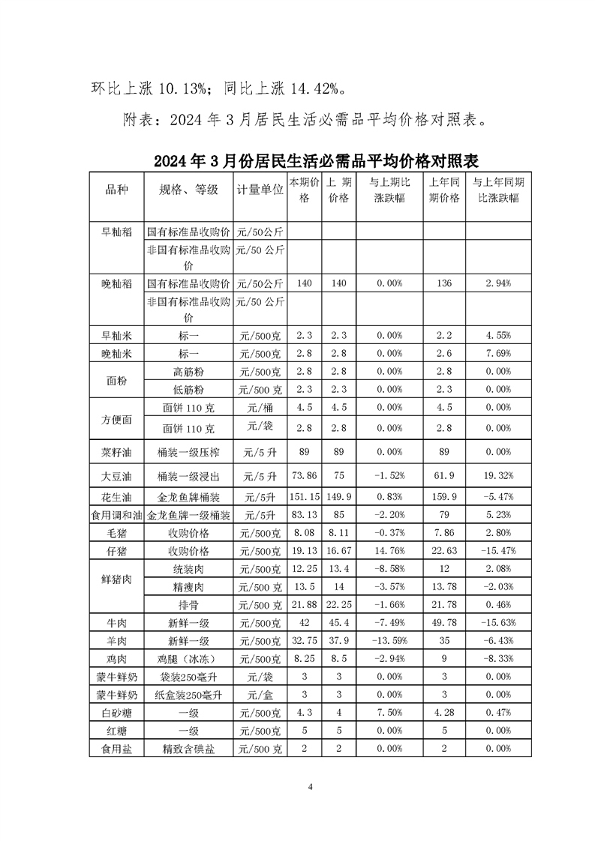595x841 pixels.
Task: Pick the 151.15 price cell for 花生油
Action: [305, 495]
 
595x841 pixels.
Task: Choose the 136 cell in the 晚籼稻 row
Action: [444, 283]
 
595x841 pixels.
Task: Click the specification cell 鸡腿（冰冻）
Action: [189, 659]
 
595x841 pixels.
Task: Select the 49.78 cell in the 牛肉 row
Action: [444, 622]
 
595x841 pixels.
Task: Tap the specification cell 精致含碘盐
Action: [189, 748]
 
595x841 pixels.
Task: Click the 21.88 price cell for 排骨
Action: [305, 605]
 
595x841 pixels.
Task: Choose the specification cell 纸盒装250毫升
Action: [189, 694]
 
